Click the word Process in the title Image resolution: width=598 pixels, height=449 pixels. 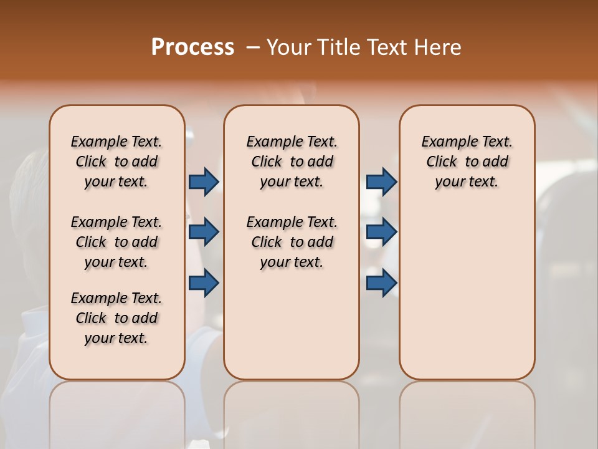tap(192, 47)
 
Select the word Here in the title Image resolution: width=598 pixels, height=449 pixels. tap(436, 47)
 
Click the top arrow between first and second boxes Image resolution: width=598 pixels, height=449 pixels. tap(204, 181)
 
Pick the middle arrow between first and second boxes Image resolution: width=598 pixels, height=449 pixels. tap(204, 232)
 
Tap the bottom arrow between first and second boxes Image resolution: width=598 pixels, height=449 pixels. tap(204, 282)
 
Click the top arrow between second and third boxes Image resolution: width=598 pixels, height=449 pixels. tap(381, 181)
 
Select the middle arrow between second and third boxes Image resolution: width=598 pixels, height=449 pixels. tap(381, 232)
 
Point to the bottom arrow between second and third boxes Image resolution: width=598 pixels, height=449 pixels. tap(381, 282)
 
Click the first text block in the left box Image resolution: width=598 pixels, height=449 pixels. tap(116, 162)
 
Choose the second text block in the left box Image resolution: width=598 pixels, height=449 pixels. tap(116, 242)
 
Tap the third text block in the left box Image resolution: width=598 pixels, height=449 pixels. tap(116, 318)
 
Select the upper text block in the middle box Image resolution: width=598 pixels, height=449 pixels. tap(292, 162)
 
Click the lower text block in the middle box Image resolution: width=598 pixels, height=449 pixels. tap(292, 242)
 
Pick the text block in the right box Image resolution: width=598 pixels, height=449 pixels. tap(467, 162)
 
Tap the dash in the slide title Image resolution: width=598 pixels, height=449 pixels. tap(253, 47)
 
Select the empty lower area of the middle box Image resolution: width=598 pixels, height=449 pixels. tap(292, 324)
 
